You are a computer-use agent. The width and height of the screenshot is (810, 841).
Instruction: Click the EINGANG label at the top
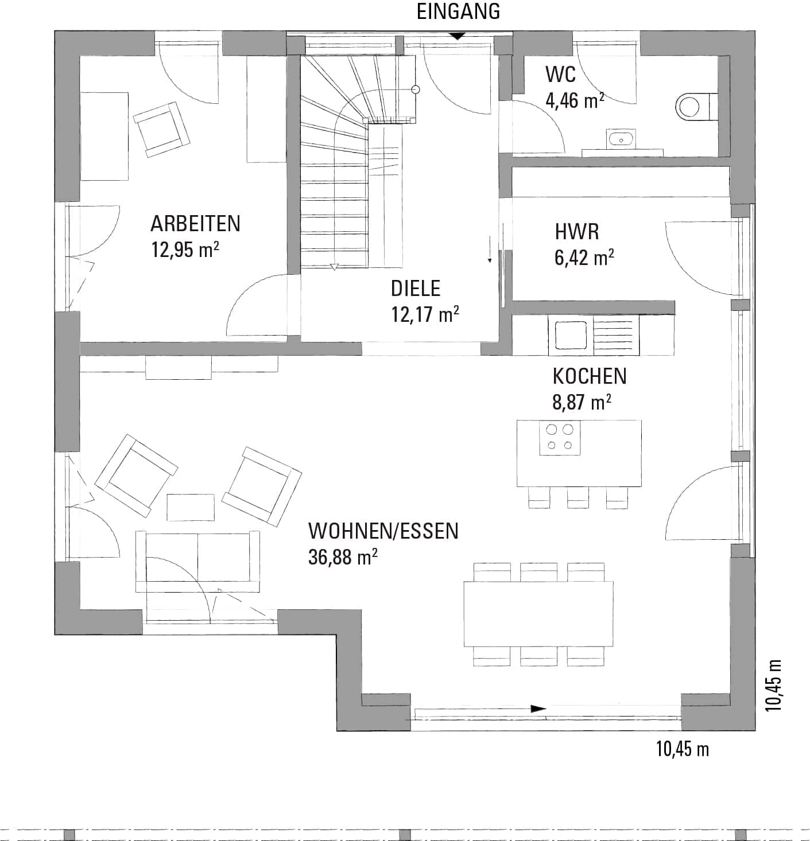pos(458,11)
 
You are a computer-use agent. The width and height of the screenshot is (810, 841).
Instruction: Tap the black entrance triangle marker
pos(457,36)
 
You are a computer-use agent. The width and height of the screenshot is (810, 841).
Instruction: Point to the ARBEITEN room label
pos(195,224)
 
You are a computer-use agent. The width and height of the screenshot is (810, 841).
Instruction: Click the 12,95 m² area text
pos(185,250)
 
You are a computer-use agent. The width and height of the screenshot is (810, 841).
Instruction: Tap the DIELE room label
pos(416,288)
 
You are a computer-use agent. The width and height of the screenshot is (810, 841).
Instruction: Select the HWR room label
pos(576,232)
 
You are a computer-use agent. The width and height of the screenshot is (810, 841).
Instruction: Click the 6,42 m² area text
pos(584,258)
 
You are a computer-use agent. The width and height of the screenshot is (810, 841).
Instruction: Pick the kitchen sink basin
pos(571,336)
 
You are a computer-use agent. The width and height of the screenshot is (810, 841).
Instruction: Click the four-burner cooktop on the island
pos(560,438)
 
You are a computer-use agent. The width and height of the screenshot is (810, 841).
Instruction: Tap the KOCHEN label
pos(589,376)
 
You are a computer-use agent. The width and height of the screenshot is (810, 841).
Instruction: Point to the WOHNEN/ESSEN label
pos(383,531)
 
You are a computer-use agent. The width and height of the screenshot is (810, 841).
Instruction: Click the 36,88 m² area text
pos(343,556)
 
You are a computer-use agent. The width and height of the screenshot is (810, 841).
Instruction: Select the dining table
pos(538,614)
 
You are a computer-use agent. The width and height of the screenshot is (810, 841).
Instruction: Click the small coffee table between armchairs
pos(191,507)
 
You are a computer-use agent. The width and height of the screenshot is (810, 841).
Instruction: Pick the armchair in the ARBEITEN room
pos(162,129)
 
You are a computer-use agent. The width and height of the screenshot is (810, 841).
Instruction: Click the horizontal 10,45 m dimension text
pos(682,749)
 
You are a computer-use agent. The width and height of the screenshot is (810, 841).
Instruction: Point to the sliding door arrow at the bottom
pos(538,708)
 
